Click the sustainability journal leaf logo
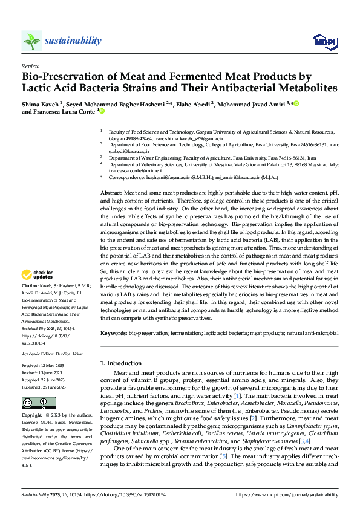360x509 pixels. click(x=32, y=41)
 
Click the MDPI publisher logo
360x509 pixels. click(x=324, y=41)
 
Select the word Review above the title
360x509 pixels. click(x=30, y=65)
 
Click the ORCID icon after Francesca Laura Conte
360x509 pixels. click(x=102, y=111)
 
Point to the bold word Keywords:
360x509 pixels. click(x=114, y=333)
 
